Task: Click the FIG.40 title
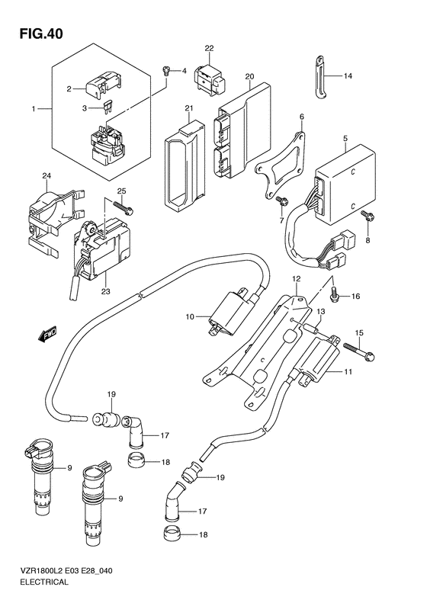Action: click(40, 34)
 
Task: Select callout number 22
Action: click(209, 49)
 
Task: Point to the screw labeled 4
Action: click(166, 70)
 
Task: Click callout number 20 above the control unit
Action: click(249, 76)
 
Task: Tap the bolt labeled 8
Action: click(365, 217)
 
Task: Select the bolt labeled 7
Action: click(281, 200)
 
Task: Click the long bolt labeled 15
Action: click(358, 351)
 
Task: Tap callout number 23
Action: click(106, 291)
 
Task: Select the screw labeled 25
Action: click(123, 207)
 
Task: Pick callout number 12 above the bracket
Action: click(296, 278)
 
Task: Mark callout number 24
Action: click(47, 176)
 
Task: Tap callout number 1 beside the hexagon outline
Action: click(34, 109)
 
